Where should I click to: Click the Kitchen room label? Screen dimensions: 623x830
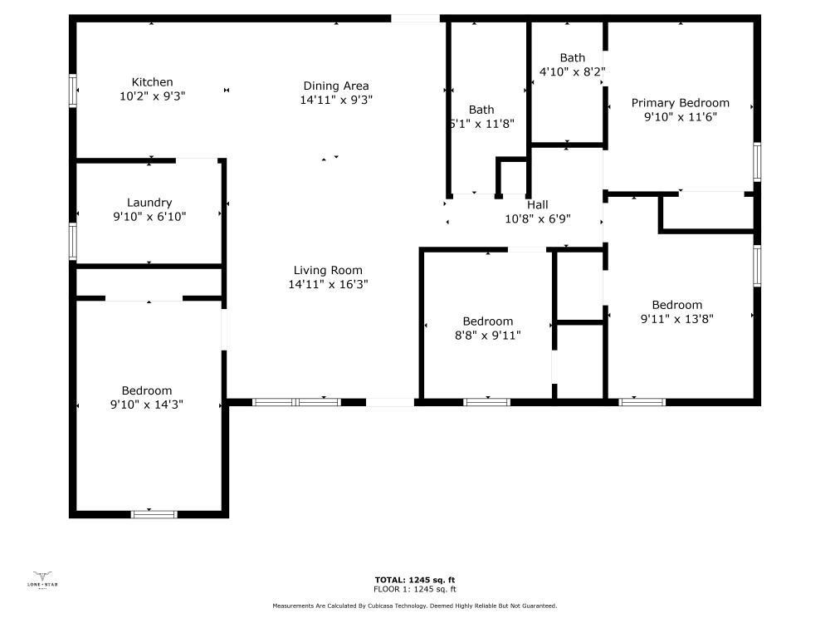[x=153, y=82]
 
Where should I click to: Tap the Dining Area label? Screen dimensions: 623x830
[x=335, y=86]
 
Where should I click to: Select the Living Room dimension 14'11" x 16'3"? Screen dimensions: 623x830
[x=328, y=284]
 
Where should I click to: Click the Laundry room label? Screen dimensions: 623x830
[x=149, y=203]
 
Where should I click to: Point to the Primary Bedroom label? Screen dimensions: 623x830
[x=680, y=103]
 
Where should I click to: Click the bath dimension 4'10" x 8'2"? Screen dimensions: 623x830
[x=572, y=71]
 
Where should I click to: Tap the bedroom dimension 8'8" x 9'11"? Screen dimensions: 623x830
[x=487, y=336]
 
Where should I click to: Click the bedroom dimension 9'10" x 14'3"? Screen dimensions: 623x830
[x=147, y=405]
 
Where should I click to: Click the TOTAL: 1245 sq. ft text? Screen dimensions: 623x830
[x=415, y=580]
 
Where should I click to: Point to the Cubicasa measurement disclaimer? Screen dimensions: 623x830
[x=415, y=606]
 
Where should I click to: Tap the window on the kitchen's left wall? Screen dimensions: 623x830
[x=73, y=91]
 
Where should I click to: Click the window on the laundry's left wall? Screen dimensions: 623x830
[x=73, y=241]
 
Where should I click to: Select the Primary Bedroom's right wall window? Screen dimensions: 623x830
[x=757, y=161]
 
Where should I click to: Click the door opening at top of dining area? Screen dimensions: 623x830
[x=415, y=18]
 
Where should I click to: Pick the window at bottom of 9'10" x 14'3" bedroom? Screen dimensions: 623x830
[x=154, y=514]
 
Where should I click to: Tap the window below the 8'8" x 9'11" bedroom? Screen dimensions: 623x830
[x=486, y=402]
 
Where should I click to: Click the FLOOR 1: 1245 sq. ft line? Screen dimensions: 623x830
[x=415, y=589]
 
